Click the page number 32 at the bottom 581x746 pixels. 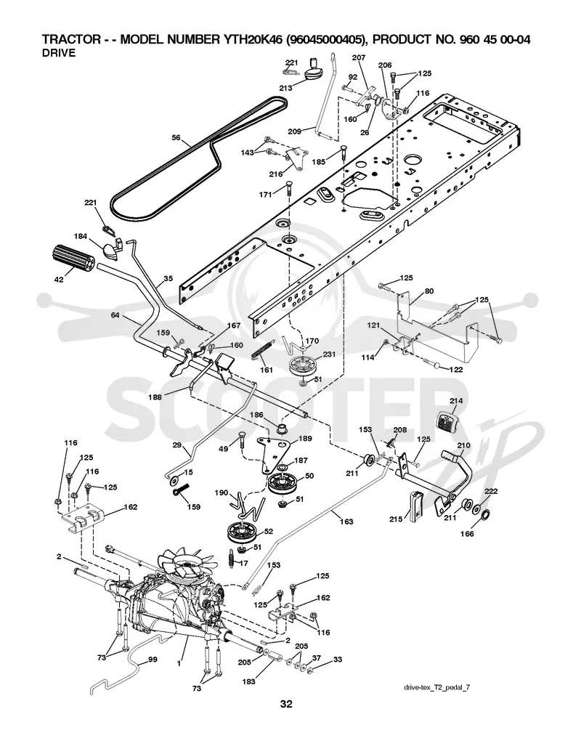[x=286, y=704]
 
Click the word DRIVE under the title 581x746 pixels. [x=59, y=53]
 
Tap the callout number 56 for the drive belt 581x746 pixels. [x=176, y=137]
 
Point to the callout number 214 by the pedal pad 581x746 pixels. [x=456, y=401]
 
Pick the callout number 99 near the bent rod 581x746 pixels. [x=153, y=660]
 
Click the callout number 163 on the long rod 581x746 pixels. [x=346, y=522]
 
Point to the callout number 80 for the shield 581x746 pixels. [x=428, y=291]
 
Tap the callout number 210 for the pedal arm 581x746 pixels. [x=464, y=445]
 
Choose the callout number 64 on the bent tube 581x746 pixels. [x=115, y=315]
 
